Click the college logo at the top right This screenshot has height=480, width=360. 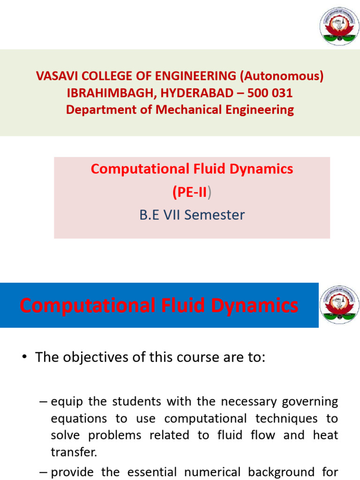(x=339, y=26)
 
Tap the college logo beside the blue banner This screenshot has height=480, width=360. (x=339, y=305)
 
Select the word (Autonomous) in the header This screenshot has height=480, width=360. (x=282, y=76)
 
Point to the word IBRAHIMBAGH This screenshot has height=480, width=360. (x=110, y=93)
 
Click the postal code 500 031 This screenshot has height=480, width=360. (x=270, y=93)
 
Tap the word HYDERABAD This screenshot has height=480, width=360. (x=197, y=93)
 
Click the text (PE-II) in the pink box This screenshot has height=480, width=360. (x=192, y=192)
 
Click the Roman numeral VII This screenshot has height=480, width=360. (x=172, y=215)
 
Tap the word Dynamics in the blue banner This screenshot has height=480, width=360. (x=255, y=306)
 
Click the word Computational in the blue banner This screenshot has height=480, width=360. (x=88, y=306)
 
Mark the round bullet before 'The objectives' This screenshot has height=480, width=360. (x=25, y=357)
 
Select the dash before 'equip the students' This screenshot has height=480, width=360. (x=43, y=402)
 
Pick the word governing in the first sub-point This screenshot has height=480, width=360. (x=310, y=402)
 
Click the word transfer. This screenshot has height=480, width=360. (x=74, y=452)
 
